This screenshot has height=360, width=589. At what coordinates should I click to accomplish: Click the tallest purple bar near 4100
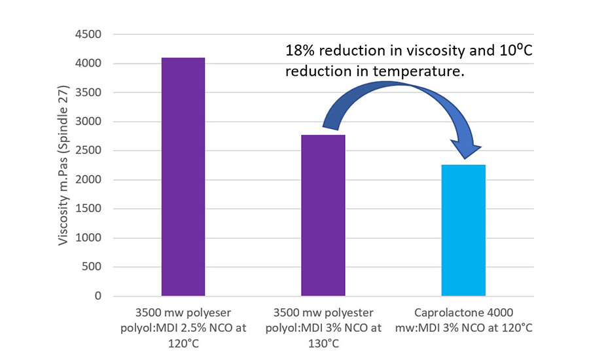click(183, 177)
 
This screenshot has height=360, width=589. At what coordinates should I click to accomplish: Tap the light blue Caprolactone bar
click(463, 230)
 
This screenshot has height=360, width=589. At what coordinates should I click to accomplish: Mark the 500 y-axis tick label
click(92, 267)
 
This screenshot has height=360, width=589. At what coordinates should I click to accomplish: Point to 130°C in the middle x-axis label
click(323, 342)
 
